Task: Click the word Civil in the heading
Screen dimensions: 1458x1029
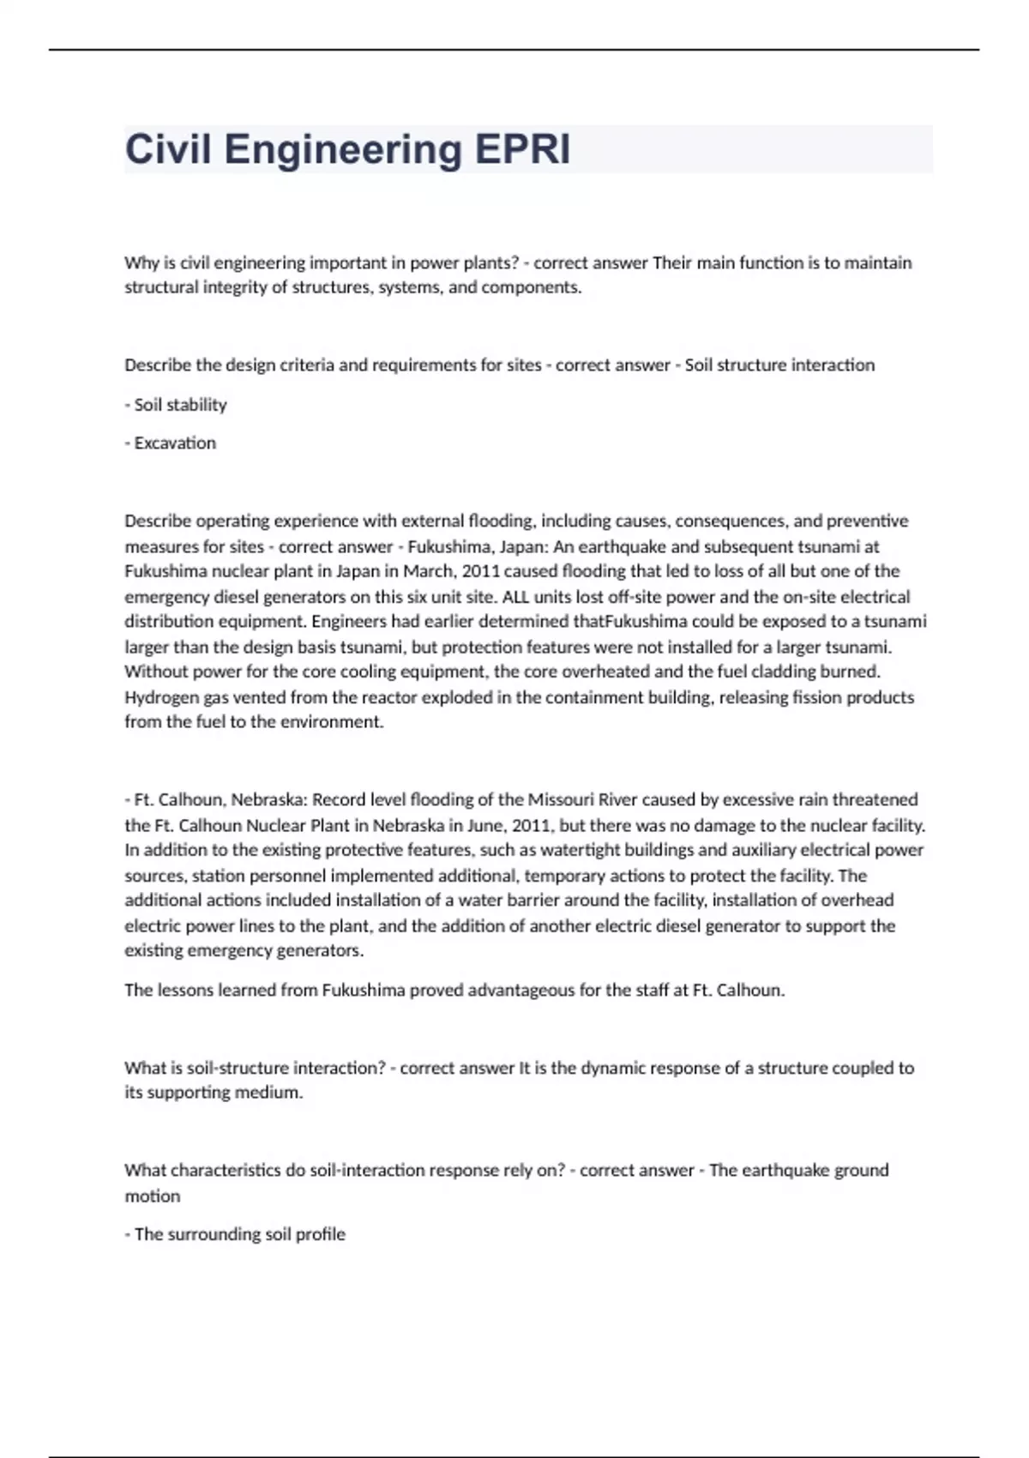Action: pos(168,149)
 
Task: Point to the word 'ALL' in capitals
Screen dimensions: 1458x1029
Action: pos(515,597)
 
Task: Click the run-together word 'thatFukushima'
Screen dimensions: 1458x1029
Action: pos(630,621)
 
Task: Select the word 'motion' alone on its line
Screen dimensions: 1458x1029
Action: pos(153,1196)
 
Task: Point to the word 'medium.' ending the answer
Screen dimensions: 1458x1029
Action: pos(274,1093)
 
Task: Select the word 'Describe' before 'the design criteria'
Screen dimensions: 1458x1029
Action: pos(158,365)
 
